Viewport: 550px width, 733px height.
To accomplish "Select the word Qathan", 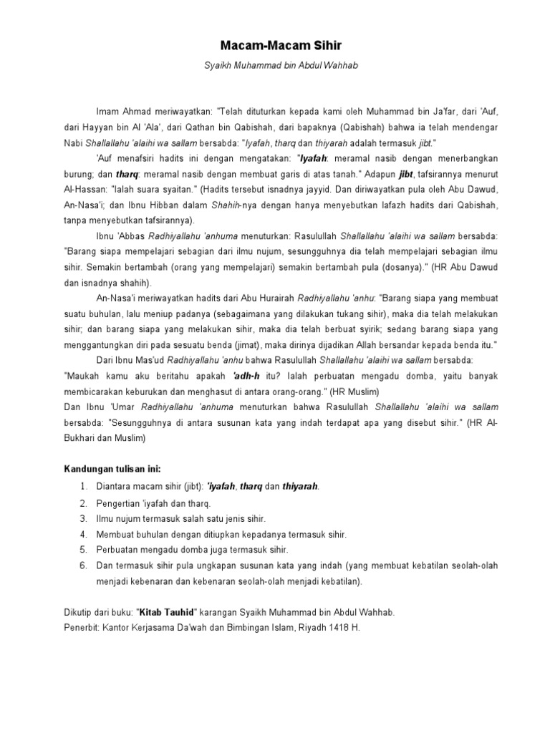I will click(x=197, y=127).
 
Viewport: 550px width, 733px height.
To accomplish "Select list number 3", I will click(x=84, y=518).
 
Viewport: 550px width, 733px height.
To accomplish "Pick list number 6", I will click(x=84, y=565).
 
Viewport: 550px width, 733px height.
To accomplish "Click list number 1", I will click(x=84, y=487).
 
